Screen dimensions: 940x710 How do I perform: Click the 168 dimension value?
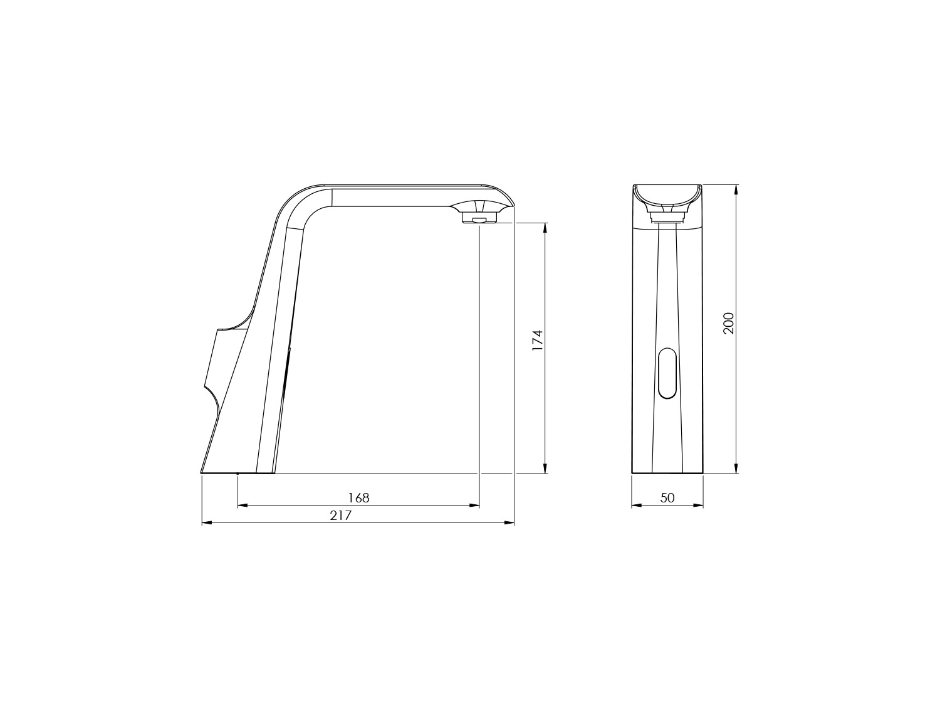pyautogui.click(x=358, y=498)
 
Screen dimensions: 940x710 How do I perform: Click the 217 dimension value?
pyautogui.click(x=341, y=516)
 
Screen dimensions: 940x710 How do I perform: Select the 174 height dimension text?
pyautogui.click(x=537, y=340)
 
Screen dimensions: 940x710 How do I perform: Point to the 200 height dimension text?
pyautogui.click(x=728, y=324)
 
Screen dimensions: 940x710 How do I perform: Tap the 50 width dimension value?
pyautogui.click(x=667, y=498)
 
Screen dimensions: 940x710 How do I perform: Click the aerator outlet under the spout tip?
pyautogui.click(x=479, y=219)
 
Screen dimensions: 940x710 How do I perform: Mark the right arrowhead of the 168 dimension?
pyautogui.click(x=474, y=506)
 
